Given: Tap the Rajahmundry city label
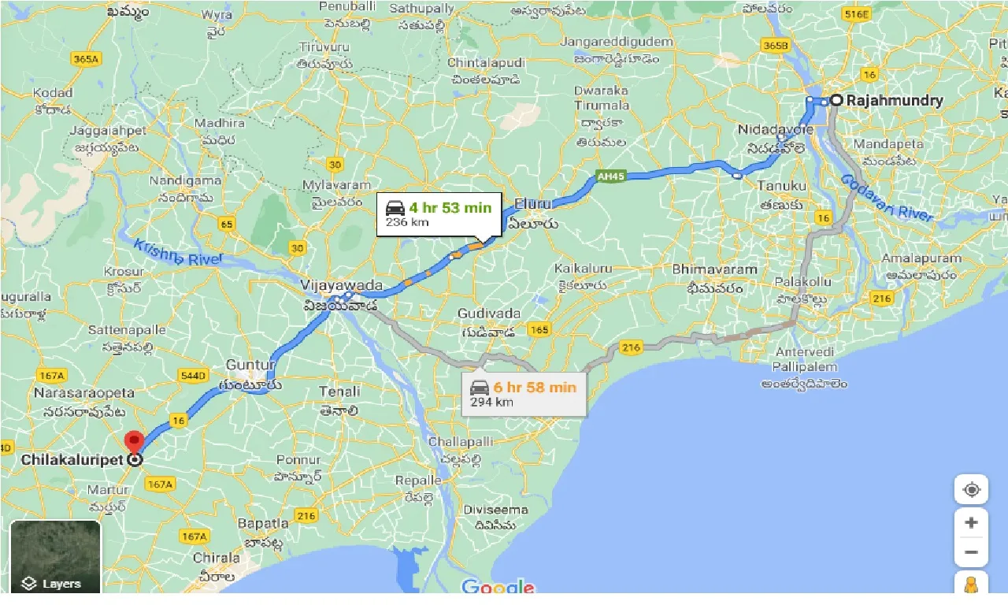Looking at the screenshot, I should (894, 101).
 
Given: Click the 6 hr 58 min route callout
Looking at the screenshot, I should (524, 393).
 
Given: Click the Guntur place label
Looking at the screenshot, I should (250, 365).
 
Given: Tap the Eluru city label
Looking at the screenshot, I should (533, 204).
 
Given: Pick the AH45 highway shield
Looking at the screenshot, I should (610, 176).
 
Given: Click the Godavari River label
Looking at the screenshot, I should (888, 198).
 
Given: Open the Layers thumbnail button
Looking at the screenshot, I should (55, 556).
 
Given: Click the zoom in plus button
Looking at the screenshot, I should (971, 522).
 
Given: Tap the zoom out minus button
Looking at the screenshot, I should (971, 552).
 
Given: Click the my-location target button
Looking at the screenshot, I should (971, 489).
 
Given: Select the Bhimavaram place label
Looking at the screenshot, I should (714, 269).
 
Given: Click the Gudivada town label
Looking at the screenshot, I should (489, 314).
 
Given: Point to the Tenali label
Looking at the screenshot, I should (339, 392).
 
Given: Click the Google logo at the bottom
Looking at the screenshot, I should (498, 587).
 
